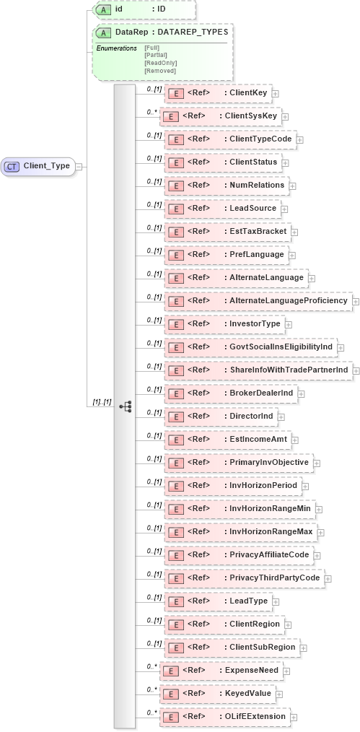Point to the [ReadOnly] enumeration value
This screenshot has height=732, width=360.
[160, 63]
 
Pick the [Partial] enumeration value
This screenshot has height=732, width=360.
[157, 55]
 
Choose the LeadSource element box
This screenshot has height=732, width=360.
[227, 209]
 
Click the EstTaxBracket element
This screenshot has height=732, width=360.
[227, 232]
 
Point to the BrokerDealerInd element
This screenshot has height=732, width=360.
[232, 393]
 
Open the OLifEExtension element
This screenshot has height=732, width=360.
[224, 717]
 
